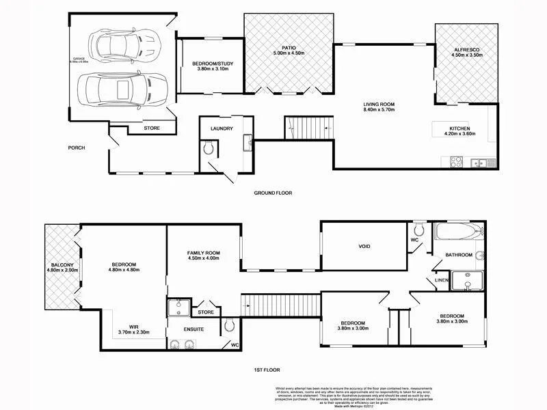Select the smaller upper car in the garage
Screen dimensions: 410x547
[126, 46]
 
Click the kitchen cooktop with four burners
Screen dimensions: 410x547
[456, 162]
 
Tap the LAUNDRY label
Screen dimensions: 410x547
[222, 128]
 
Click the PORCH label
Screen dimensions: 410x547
[76, 148]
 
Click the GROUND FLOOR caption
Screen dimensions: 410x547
[273, 193]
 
